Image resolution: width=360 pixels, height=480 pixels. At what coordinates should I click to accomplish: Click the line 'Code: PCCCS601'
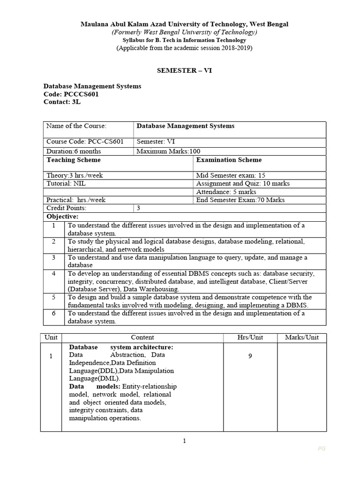click(71, 94)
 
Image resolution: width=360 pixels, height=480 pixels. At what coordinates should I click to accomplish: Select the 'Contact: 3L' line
click(62, 102)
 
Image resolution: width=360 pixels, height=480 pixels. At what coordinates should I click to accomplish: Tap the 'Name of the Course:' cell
click(76, 126)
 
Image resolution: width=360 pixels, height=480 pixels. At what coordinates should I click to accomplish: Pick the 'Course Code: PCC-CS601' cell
click(85, 142)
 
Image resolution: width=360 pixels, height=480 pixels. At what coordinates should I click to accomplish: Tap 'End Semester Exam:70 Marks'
click(240, 200)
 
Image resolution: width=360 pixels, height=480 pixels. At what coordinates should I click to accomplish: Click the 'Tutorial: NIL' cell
click(66, 183)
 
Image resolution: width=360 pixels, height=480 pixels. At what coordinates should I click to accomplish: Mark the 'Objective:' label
click(62, 217)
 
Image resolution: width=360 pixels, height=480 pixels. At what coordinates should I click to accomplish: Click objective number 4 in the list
click(54, 273)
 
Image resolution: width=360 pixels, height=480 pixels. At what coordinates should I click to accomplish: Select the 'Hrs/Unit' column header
click(250, 337)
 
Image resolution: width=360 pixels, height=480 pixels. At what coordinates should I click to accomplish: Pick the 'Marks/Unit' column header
click(301, 337)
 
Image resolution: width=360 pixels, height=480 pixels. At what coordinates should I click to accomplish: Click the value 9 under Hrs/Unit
click(250, 356)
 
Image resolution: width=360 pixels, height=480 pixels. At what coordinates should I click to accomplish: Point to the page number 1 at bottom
click(184, 441)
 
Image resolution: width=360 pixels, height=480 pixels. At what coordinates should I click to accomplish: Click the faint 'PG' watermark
click(322, 449)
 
